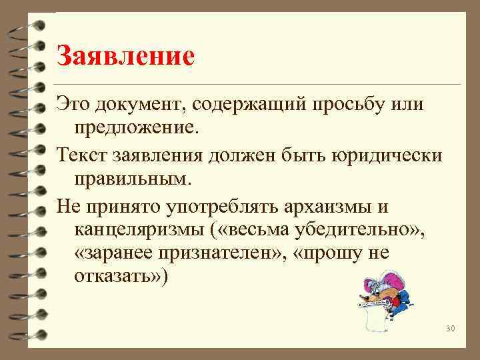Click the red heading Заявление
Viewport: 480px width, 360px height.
pos(125,55)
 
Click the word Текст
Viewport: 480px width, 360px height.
pos(84,155)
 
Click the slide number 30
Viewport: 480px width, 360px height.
pos(449,329)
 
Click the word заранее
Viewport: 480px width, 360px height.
pos(119,254)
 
